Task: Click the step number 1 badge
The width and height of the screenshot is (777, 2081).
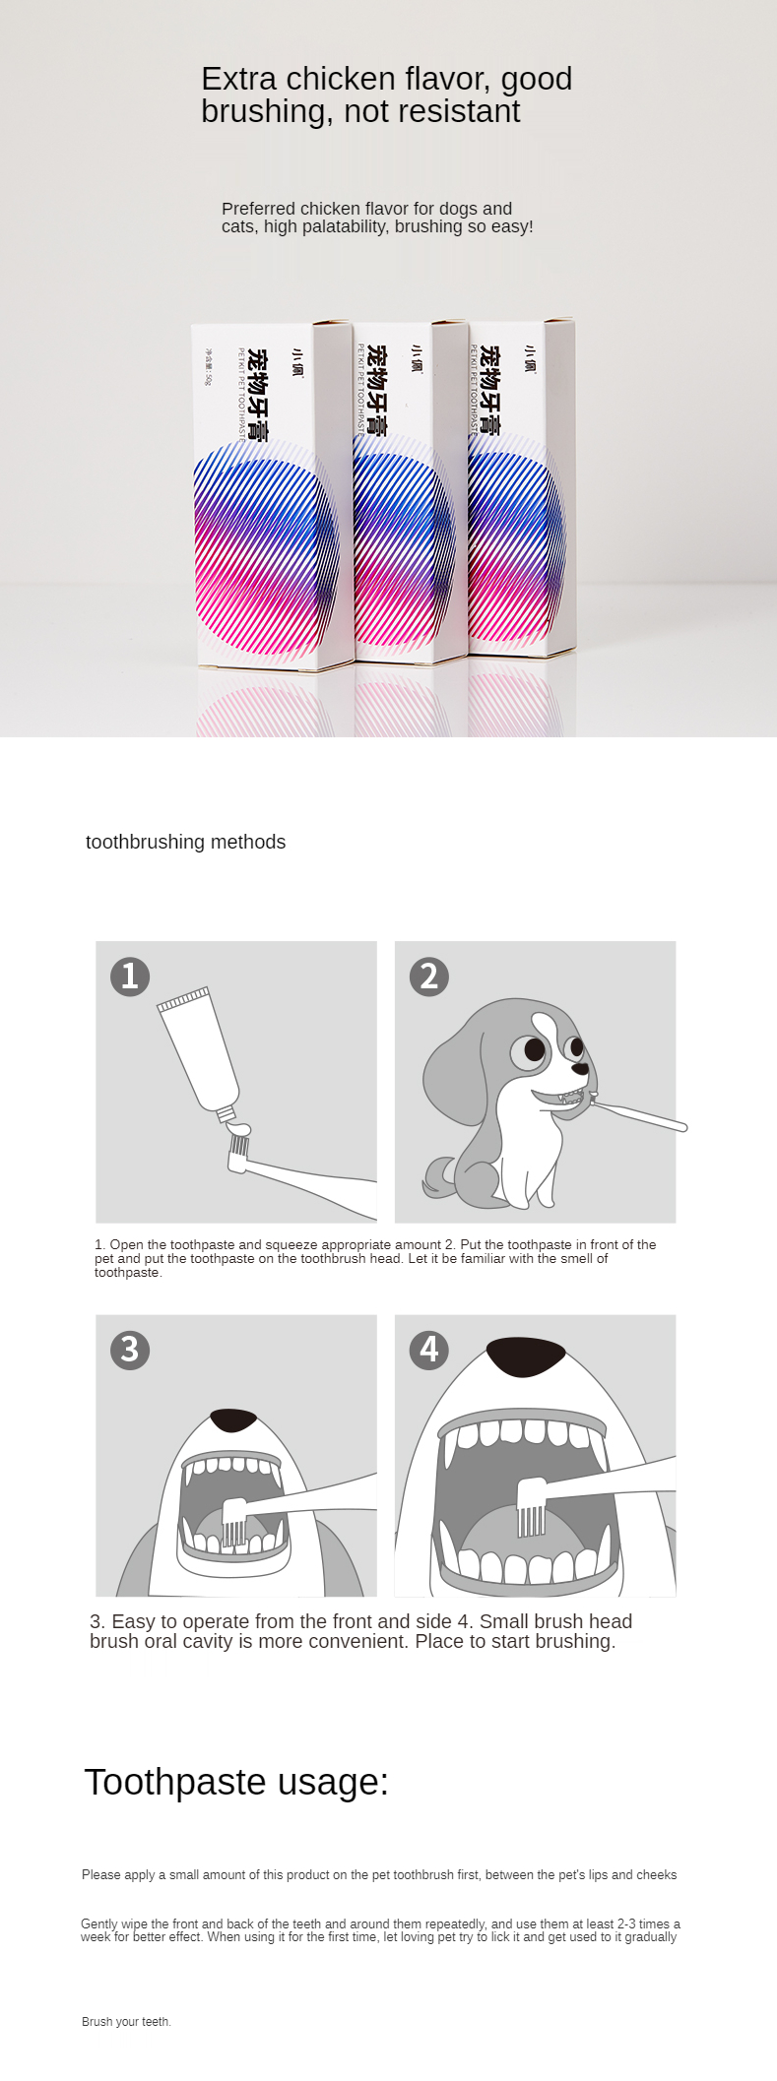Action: tap(130, 976)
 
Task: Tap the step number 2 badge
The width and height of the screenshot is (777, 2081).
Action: tap(428, 976)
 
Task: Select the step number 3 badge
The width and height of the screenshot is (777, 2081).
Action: tap(130, 1349)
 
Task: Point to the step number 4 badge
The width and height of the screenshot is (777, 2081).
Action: tap(428, 1349)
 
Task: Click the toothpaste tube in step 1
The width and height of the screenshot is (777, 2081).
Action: tap(199, 1053)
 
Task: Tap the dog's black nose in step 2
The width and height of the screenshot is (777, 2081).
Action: tap(582, 1068)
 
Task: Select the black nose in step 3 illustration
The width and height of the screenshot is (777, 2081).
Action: tap(233, 1419)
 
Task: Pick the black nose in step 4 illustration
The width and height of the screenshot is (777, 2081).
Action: tap(527, 1356)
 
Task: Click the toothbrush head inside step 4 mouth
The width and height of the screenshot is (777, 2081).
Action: tap(532, 1506)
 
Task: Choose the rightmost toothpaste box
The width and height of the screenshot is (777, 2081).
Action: tap(521, 485)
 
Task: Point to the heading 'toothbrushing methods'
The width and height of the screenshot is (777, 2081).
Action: tap(185, 842)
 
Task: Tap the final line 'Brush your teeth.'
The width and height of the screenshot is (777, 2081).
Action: tap(126, 2021)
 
